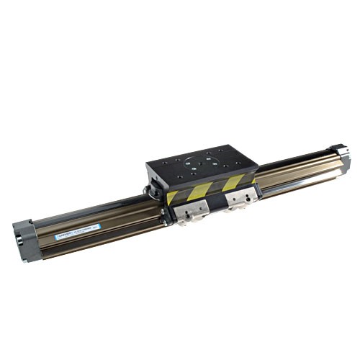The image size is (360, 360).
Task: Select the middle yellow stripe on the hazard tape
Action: coord(204,189)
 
